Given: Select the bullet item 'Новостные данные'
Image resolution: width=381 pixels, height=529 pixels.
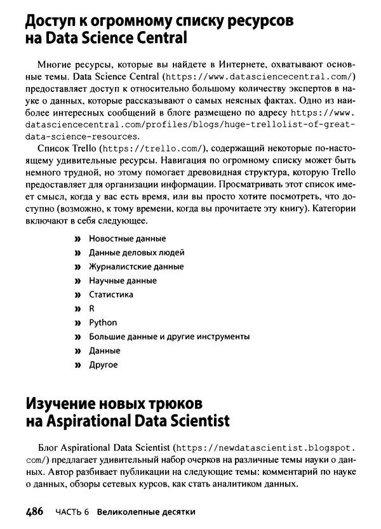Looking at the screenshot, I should [x=127, y=239].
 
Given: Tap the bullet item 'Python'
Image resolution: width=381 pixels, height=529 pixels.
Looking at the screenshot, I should [x=103, y=323].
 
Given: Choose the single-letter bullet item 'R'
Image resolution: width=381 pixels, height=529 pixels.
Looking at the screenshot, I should [x=91, y=309].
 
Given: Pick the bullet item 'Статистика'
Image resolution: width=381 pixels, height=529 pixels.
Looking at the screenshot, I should [x=110, y=295].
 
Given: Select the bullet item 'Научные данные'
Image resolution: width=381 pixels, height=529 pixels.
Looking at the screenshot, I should [x=123, y=281].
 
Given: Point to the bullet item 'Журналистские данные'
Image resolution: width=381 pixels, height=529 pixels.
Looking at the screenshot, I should [x=136, y=267].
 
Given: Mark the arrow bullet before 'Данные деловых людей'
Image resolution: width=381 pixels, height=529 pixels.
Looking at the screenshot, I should [x=78, y=253].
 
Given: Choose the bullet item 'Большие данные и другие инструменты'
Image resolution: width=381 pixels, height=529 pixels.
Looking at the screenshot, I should [x=169, y=337].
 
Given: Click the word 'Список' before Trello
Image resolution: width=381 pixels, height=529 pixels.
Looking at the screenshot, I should [x=53, y=148].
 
